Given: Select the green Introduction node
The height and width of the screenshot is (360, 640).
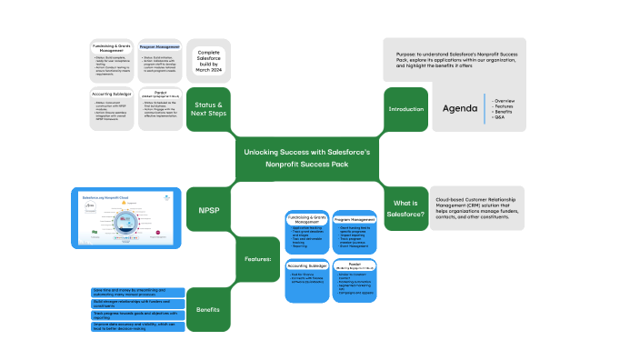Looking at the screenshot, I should tap(406, 109).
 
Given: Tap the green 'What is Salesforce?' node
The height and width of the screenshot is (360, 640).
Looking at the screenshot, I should tap(406, 207).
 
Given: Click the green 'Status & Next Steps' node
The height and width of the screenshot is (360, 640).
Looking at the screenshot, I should tap(208, 109).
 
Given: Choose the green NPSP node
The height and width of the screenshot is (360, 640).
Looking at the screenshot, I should tap(208, 209).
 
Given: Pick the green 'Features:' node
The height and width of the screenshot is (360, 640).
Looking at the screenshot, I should tap(258, 259).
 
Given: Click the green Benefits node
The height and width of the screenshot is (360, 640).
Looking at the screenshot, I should tap(208, 309).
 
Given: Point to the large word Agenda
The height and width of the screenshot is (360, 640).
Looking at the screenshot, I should tap(460, 108).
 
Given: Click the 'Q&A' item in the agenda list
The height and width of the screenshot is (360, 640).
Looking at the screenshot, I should tap(498, 118).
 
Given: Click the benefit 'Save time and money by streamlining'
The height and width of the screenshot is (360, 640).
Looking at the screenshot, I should tap(136, 293).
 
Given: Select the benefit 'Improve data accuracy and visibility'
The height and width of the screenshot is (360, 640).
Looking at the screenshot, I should tap(136, 325).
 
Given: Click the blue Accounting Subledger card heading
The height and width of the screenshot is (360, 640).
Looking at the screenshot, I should tap(306, 265).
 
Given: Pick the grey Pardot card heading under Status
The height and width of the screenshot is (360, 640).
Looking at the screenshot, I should tap(160, 93).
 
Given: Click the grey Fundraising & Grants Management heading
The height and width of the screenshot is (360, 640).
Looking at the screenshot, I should tap(112, 47).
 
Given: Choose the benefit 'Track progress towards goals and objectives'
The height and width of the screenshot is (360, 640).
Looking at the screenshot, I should tap(136, 315).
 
